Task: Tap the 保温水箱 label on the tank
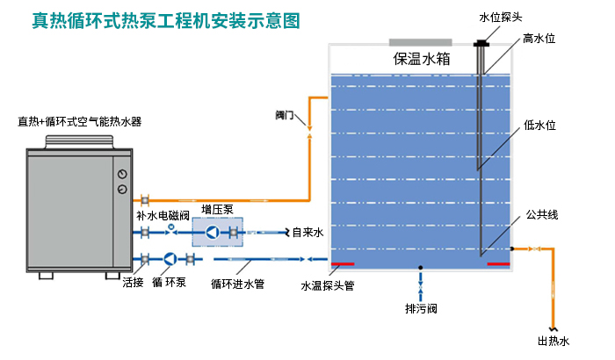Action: click(422, 59)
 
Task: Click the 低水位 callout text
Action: click(539, 125)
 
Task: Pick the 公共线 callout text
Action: click(542, 214)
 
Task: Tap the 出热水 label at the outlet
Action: click(553, 342)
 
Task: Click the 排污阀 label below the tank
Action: click(421, 309)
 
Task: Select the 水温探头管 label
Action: click(327, 285)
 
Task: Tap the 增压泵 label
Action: click(217, 209)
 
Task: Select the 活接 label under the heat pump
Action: click(133, 283)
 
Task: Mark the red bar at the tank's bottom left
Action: click(342, 263)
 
